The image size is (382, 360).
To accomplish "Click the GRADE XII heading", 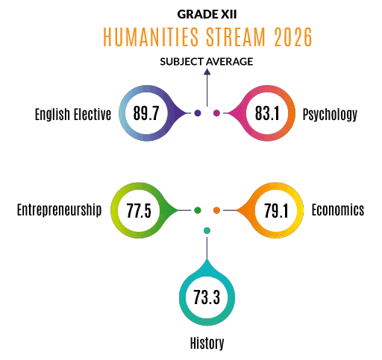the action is pyautogui.click(x=207, y=14).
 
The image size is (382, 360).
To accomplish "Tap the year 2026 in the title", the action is pyautogui.click(x=293, y=37).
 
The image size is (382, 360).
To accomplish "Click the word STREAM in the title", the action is pyautogui.click(x=236, y=37).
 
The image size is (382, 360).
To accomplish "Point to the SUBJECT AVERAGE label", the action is pyautogui.click(x=207, y=62).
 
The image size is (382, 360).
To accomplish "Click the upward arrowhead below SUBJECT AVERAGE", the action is pyautogui.click(x=207, y=72).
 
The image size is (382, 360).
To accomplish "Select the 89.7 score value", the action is pyautogui.click(x=146, y=113).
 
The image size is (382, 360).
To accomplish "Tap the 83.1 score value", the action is pyautogui.click(x=267, y=113).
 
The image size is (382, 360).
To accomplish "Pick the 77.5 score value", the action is pyautogui.click(x=139, y=210).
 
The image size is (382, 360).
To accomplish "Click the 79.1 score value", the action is pyautogui.click(x=275, y=210).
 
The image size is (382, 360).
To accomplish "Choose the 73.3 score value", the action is pyautogui.click(x=207, y=297).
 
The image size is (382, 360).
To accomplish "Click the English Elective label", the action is pyautogui.click(x=73, y=114).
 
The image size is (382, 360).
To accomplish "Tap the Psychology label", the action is pyautogui.click(x=330, y=115).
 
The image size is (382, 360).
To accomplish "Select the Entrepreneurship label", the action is pyautogui.click(x=59, y=210).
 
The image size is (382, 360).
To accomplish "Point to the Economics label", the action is pyautogui.click(x=338, y=210).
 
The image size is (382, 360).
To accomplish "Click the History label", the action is pyautogui.click(x=207, y=344).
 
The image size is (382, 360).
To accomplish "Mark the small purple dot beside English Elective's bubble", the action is pyautogui.click(x=198, y=113).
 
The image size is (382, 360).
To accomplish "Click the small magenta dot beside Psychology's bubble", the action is pyautogui.click(x=216, y=113).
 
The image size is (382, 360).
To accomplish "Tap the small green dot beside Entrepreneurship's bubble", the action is pyautogui.click(x=198, y=210).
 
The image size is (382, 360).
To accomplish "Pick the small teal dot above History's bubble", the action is pyautogui.click(x=207, y=230).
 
